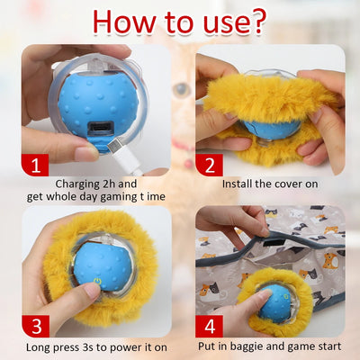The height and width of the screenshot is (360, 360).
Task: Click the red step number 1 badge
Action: [35, 165]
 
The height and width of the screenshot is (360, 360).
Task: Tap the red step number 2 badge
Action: [209, 165]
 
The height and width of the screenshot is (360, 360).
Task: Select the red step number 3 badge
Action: [36, 327]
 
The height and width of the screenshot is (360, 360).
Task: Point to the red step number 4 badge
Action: [210, 327]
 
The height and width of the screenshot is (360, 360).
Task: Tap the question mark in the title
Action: [256, 21]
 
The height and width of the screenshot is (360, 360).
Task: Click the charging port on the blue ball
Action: [99, 128]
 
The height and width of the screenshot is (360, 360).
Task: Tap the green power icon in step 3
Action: [97, 282]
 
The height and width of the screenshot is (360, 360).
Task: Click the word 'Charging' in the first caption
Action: [77, 184]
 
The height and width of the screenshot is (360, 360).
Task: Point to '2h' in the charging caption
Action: [109, 184]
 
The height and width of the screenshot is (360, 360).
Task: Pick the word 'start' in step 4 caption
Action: [328, 346]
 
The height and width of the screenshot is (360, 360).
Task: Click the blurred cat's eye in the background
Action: [182, 88]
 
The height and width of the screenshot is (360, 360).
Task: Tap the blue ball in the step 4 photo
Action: [275, 303]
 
